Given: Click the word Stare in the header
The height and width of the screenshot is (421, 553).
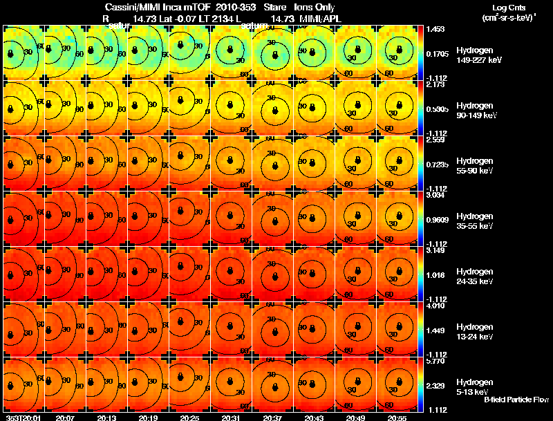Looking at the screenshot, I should point(283,6).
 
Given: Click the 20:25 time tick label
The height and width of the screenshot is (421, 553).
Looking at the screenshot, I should point(189,418).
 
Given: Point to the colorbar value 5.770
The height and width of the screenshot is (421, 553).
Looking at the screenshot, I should point(435,361).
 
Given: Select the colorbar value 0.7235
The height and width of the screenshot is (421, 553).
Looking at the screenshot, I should point(437,164).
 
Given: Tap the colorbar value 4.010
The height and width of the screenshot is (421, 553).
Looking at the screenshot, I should point(435,306).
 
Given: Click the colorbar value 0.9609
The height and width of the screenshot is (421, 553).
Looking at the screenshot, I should point(437,219).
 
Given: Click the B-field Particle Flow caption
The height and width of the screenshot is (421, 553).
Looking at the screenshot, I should point(516,400).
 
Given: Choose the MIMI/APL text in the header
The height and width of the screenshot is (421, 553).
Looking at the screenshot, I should point(320,19).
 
